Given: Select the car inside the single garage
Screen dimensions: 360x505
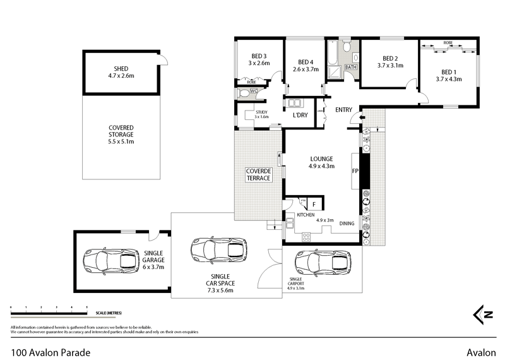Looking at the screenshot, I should (112, 259).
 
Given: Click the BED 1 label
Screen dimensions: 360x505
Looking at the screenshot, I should (448, 72).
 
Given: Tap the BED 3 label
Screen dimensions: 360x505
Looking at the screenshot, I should (258, 56).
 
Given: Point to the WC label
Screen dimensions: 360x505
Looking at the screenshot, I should (254, 92).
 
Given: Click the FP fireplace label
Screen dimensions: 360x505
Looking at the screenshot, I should (354, 171).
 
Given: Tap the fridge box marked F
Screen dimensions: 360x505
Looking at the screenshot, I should (314, 204).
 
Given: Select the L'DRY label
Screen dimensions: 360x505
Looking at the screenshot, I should (300, 116).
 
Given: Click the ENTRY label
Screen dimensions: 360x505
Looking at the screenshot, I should (343, 110).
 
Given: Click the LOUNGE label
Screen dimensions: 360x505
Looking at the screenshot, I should (321, 159).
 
